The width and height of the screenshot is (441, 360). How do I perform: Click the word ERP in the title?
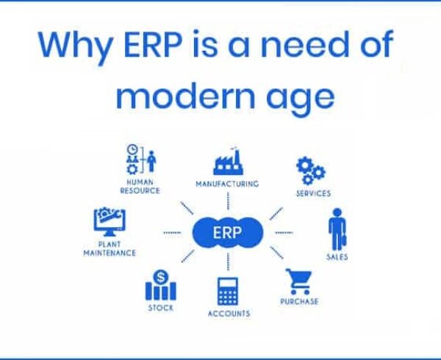tap(153, 45)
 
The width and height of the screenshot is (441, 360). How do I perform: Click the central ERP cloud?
tap(228, 233)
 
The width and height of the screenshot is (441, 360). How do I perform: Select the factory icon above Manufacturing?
tap(228, 162)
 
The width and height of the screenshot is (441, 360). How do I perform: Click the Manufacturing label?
tap(227, 184)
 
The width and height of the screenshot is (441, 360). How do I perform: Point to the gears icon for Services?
tap(310, 170)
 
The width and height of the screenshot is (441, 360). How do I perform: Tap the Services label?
tap(313, 193)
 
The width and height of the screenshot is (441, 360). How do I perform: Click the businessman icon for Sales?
tap(337, 229)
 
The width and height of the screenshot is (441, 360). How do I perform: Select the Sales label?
tap(337, 257)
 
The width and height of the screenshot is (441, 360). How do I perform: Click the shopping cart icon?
tap(298, 281)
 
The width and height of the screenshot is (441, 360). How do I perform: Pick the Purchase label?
tap(299, 301)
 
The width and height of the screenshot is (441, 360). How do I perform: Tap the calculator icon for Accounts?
tap(228, 292)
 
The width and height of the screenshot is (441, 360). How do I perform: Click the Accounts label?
tap(229, 314)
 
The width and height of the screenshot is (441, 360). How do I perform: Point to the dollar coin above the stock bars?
tap(160, 277)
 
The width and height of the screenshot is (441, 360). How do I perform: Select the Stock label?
tap(160, 308)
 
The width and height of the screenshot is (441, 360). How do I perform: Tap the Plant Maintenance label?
tap(110, 249)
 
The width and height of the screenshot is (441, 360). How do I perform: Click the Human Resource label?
tap(140, 187)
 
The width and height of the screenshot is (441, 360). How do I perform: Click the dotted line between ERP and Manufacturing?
tap(228, 201)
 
